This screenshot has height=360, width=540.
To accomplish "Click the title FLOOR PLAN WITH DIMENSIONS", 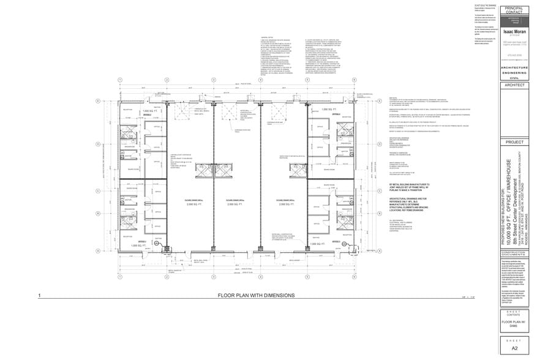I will tap(256, 295).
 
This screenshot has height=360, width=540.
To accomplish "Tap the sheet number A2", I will tap(514, 348).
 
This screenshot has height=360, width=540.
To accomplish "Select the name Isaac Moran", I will tap(514, 29).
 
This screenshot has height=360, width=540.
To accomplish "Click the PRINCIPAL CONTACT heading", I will tap(514, 10).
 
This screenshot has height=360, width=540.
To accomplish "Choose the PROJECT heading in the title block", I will tap(514, 141).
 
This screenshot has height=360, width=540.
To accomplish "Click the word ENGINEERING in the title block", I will tap(514, 73).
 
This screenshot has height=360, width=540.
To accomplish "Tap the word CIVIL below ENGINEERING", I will tap(514, 78).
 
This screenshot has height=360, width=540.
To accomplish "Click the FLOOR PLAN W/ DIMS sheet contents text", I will tap(514, 323).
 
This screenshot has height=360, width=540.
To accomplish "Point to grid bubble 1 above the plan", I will tap(121, 80).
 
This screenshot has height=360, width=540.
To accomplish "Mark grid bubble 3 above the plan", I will tap(213, 80).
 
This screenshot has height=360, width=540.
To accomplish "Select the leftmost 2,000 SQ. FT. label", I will tap(190, 203).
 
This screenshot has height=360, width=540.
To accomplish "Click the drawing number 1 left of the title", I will tap(39, 296).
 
